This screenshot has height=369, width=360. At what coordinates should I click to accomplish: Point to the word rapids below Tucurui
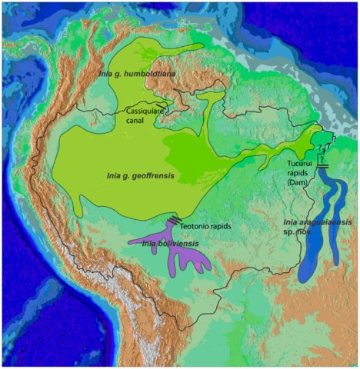296,174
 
